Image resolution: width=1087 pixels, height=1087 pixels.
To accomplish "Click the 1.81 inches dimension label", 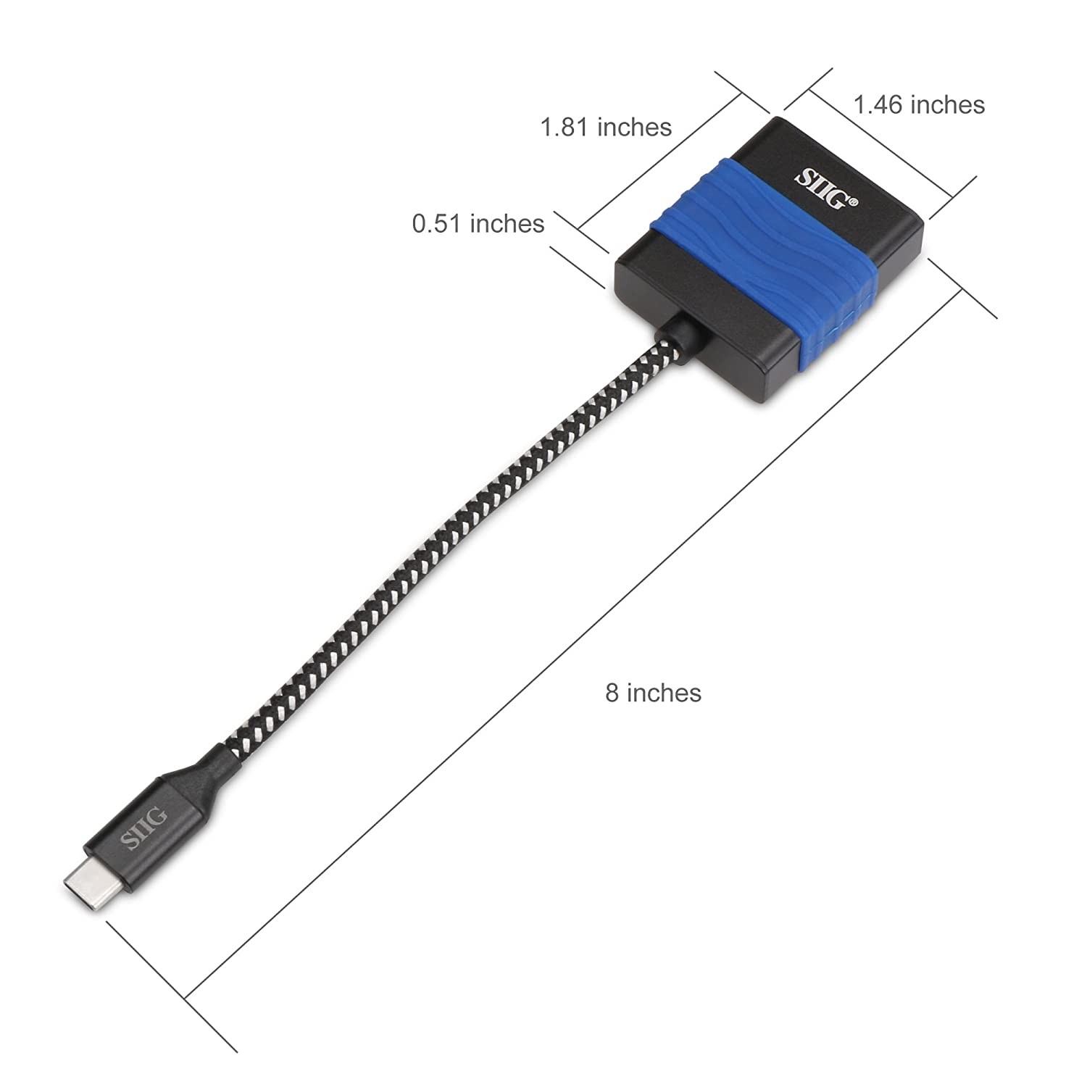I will pos(606,128).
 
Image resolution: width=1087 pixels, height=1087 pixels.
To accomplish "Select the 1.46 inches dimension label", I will pos(919,105).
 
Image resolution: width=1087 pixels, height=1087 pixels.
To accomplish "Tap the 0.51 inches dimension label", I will pos(478,223).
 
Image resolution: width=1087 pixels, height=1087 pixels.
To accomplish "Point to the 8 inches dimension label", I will pos(653,693).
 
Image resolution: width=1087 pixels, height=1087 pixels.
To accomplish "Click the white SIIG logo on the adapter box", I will pos(822,187).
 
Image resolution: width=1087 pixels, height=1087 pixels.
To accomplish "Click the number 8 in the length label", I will pos(612,693).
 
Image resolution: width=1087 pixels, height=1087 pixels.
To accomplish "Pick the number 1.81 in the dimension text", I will pos(565,128).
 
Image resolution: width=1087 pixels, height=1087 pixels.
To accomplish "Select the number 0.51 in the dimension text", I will pos(437,223).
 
